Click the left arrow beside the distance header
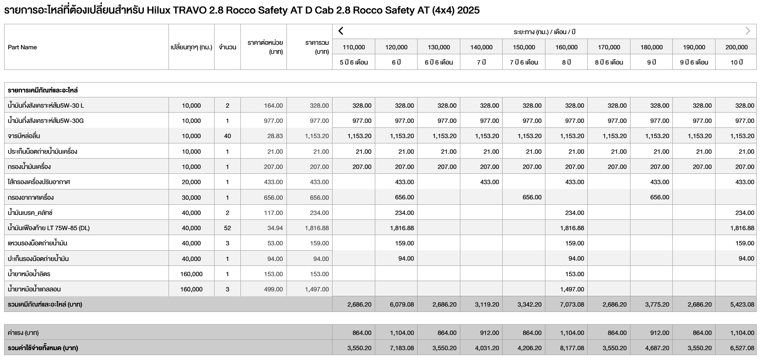click(x=341, y=31)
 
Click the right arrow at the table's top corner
click(x=748, y=31)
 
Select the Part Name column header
click(x=22, y=47)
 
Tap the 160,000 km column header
click(x=566, y=47)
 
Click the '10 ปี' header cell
click(x=736, y=62)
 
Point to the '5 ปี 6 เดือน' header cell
click(x=353, y=62)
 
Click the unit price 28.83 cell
click(x=275, y=136)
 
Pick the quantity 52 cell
click(x=227, y=228)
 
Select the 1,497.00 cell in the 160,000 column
click(x=572, y=289)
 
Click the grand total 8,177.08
click(x=572, y=348)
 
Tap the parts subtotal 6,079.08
click(x=402, y=305)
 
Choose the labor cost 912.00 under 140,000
click(x=489, y=333)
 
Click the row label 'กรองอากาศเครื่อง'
click(x=31, y=198)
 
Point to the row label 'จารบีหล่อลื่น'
click(x=24, y=136)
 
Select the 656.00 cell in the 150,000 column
click(x=532, y=197)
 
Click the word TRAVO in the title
click(x=189, y=10)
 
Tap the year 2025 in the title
click(x=468, y=10)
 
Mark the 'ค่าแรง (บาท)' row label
click(x=23, y=333)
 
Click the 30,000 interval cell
click(x=191, y=198)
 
